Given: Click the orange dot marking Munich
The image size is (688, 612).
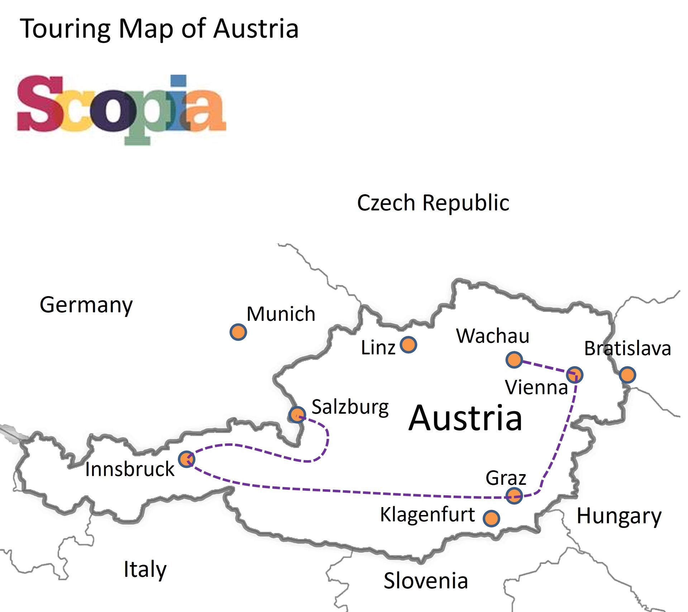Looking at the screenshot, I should (x=238, y=332).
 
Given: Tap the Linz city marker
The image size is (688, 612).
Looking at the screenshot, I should (x=408, y=344).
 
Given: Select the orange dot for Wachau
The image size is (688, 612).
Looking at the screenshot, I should (x=514, y=359).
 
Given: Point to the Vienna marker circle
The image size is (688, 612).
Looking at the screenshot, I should (x=574, y=375).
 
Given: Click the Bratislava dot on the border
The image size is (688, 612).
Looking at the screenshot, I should (x=627, y=375).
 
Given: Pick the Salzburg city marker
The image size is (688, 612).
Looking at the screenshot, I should (x=297, y=415).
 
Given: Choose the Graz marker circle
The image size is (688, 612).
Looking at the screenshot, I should (x=514, y=495).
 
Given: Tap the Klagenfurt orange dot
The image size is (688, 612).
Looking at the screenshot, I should (x=491, y=518).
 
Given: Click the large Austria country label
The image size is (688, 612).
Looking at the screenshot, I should (x=465, y=418).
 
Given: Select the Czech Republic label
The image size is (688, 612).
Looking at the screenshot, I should (x=433, y=203).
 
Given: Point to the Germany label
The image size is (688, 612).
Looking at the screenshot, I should (x=86, y=305).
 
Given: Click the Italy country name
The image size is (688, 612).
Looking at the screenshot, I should (x=145, y=569).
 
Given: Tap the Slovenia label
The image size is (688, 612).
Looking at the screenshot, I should (x=426, y=580).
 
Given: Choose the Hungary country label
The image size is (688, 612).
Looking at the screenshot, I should (x=619, y=516).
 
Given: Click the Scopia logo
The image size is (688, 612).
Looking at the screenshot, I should (x=121, y=109).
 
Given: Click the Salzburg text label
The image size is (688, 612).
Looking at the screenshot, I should (x=350, y=407).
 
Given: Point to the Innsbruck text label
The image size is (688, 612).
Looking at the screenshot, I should (x=130, y=469).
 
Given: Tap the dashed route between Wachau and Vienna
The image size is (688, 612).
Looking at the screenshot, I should (x=544, y=367).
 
